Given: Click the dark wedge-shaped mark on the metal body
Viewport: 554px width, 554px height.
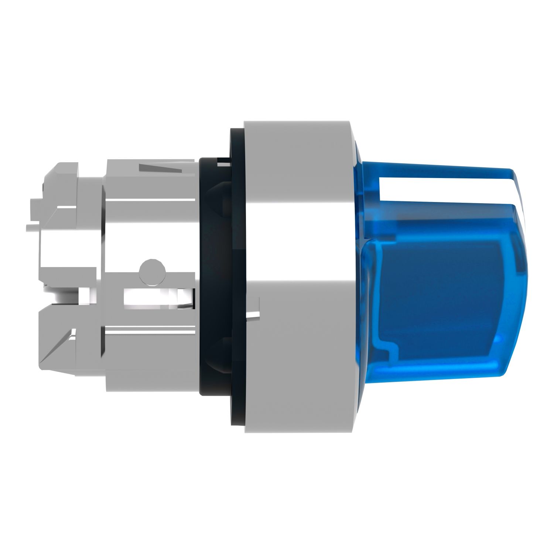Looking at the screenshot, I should [x=161, y=169].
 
